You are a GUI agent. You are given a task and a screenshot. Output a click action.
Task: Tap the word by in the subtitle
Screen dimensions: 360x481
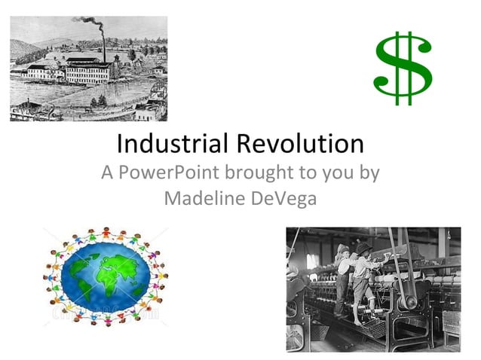(369, 174)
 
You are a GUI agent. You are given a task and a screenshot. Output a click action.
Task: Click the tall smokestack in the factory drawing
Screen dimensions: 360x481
(103, 50)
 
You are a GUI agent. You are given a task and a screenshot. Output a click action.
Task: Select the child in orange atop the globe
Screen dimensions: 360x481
(105, 230)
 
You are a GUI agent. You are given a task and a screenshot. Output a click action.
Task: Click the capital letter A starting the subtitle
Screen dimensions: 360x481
(109, 172)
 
